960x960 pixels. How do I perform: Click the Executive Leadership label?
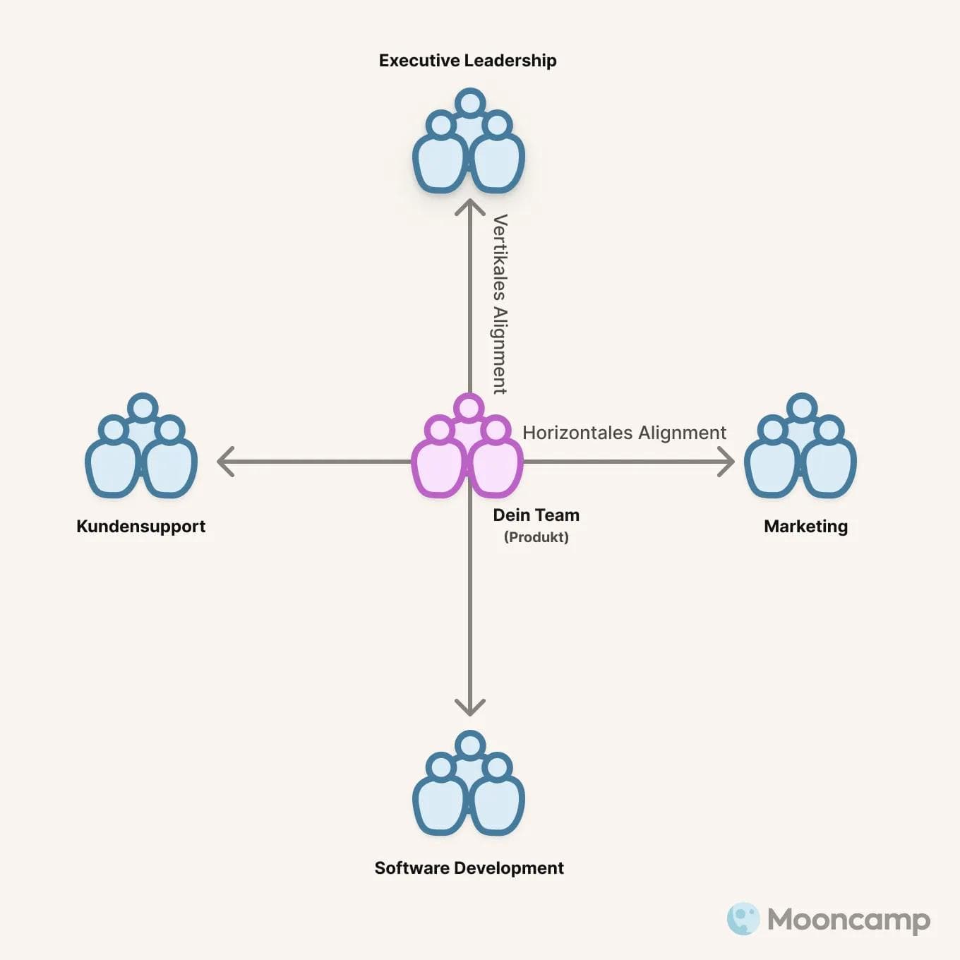pyautogui.click(x=467, y=61)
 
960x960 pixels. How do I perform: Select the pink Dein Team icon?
pyautogui.click(x=467, y=448)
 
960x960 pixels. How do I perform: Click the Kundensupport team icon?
pyautogui.click(x=141, y=448)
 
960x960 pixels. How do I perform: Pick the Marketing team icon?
pyautogui.click(x=800, y=448)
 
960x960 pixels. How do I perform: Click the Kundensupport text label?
pyautogui.click(x=140, y=527)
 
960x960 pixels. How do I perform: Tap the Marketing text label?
pyautogui.click(x=805, y=527)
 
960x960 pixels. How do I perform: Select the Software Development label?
pyautogui.click(x=469, y=868)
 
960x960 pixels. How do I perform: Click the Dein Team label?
pyautogui.click(x=536, y=515)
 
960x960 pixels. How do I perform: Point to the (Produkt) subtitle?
pyautogui.click(x=536, y=537)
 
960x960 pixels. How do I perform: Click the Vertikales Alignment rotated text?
pyautogui.click(x=500, y=304)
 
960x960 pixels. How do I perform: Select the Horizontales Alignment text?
pyautogui.click(x=624, y=433)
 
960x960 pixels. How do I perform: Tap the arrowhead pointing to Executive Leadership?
pyautogui.click(x=469, y=206)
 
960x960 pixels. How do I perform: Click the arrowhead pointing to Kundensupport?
pyautogui.click(x=224, y=462)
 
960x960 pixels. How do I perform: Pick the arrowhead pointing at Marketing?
pyautogui.click(x=727, y=462)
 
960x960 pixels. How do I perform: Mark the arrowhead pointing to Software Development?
pyautogui.click(x=469, y=708)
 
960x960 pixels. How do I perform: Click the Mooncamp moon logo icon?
pyautogui.click(x=743, y=919)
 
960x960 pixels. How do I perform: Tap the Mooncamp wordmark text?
pyautogui.click(x=848, y=920)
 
